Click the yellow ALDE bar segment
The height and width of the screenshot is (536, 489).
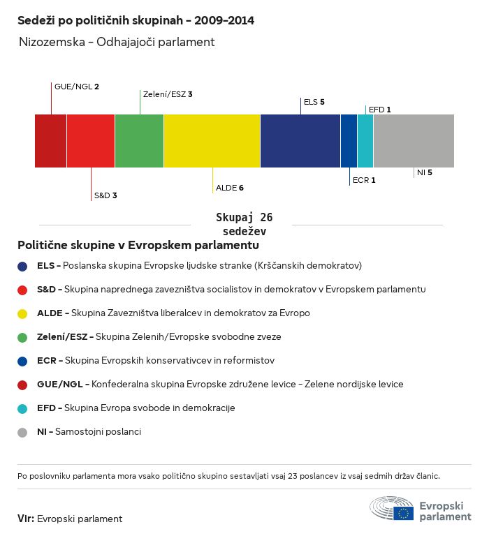(212, 141)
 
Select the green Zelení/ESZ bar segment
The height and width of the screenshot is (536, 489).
(139, 141)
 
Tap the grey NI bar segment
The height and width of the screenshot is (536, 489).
(414, 141)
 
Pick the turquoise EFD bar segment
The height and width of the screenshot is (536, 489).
(365, 141)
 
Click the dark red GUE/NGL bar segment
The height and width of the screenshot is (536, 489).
(50, 141)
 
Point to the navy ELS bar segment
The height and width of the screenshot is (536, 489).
(300, 141)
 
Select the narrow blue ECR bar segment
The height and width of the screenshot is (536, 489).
(349, 141)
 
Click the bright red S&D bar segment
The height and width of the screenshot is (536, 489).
(91, 141)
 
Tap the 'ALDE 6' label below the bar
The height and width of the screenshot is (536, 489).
(230, 188)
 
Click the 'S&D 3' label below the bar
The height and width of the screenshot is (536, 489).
(105, 195)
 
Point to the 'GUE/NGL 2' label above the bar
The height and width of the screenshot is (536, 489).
(77, 87)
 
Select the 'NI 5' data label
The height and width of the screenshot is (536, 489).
(424, 172)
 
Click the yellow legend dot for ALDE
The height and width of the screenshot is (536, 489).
(22, 314)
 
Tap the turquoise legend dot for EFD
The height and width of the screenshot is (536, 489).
(22, 409)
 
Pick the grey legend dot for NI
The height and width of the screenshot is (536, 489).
(22, 433)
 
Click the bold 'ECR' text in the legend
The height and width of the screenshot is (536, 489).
(47, 361)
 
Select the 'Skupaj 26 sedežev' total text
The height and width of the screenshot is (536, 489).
(245, 224)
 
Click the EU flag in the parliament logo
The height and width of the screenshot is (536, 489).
(404, 513)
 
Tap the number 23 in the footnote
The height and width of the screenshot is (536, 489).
(293, 476)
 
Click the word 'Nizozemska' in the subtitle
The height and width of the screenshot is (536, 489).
(52, 42)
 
